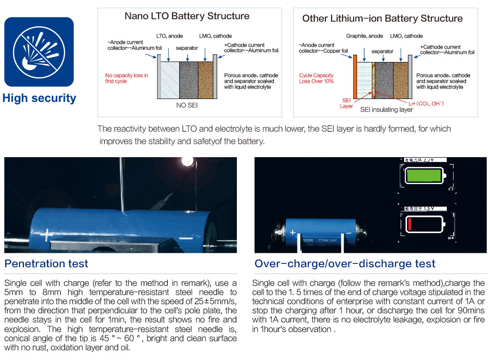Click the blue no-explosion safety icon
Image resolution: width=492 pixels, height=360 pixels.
[38, 51]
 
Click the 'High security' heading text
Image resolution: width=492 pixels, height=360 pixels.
[39, 99]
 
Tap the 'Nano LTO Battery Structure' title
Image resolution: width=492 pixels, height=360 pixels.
[187, 16]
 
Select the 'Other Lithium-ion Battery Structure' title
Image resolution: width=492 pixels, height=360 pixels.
[382, 19]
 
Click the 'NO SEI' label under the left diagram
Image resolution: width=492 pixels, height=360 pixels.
[186, 105]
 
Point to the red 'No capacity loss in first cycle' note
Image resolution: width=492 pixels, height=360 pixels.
[127, 78]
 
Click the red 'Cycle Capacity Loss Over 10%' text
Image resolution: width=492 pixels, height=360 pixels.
[316, 78]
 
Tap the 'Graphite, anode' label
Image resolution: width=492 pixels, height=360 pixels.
[365, 36]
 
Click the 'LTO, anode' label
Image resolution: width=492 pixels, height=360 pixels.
[170, 36]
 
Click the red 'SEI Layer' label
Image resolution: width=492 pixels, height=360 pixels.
[346, 103]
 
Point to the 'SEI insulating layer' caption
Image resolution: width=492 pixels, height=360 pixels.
[386, 110]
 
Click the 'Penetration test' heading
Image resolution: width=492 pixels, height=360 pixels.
[47, 263]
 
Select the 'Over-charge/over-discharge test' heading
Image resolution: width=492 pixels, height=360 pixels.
[345, 263]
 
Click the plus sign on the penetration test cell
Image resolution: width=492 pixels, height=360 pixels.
[47, 235]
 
